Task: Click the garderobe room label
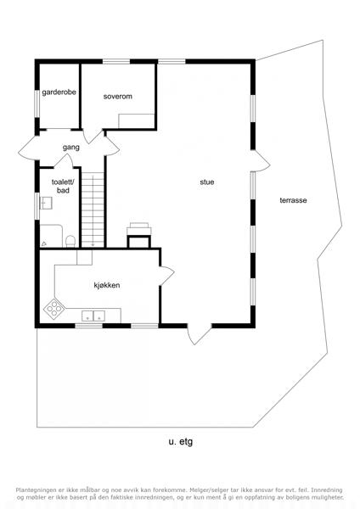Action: [x=59, y=92]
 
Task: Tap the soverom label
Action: [x=118, y=97]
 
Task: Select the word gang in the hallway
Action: [x=71, y=148]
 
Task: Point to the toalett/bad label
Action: [x=63, y=187]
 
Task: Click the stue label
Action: [x=207, y=182]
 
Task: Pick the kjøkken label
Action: [x=107, y=285]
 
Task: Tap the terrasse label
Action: [x=293, y=200]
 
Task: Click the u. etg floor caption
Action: [x=181, y=442]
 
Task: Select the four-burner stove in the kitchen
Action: [x=54, y=308]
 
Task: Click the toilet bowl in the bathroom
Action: [x=70, y=241]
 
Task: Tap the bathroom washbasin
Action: [x=46, y=203]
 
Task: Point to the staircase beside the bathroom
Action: [x=93, y=210]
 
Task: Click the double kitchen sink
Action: [x=93, y=316]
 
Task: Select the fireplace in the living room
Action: [x=138, y=235]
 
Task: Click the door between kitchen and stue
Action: [x=166, y=276]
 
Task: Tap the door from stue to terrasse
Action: [x=261, y=160]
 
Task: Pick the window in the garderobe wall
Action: [x=37, y=103]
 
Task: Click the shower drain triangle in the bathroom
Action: [x=44, y=243]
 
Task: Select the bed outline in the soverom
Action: [x=136, y=120]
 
